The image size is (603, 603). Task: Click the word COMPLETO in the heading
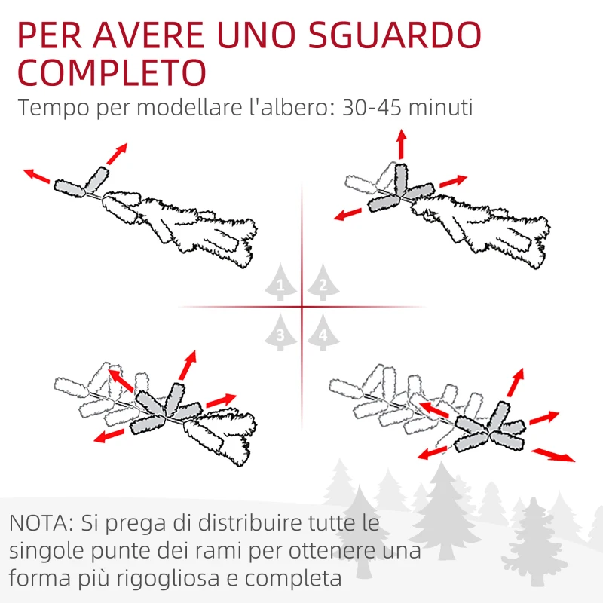click(112, 73)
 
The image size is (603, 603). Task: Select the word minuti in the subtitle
click(443, 108)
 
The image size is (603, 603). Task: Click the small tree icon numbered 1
click(280, 284)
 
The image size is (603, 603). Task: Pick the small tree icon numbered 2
click(323, 284)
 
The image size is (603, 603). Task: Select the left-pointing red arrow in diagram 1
click(38, 176)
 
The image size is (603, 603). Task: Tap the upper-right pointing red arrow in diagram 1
click(116, 153)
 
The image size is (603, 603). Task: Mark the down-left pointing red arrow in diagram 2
click(350, 213)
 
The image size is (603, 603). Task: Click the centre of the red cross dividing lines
click(302, 307)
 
